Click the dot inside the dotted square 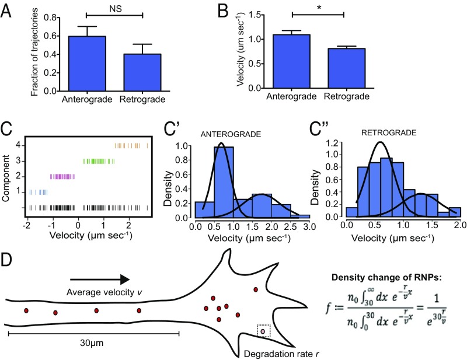263,331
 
